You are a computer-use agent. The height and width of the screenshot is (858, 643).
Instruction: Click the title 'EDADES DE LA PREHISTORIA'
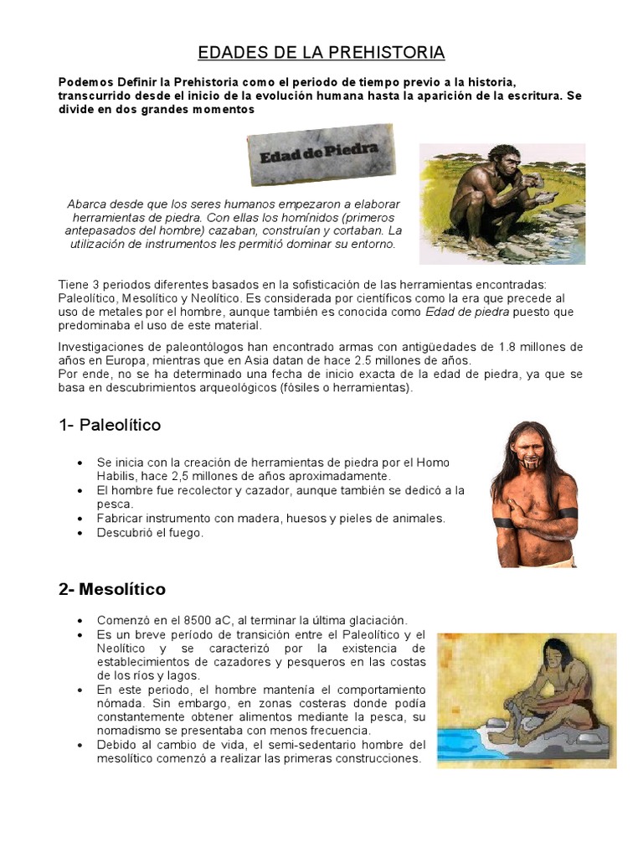[x=321, y=54]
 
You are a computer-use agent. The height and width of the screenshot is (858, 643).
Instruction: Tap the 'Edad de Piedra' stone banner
[x=321, y=154]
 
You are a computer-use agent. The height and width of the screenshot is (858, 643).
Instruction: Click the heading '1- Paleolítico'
[x=110, y=425]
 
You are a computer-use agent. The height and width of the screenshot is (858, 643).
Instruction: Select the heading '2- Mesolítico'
[x=112, y=589]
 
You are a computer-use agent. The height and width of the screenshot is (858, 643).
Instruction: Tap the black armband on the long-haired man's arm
[x=503, y=523]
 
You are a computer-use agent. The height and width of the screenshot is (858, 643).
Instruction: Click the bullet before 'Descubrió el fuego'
[x=80, y=533]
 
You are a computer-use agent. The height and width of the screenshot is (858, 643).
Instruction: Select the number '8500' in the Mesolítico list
[x=190, y=620]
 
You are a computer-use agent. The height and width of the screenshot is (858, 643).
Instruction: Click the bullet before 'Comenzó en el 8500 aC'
[x=80, y=621]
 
